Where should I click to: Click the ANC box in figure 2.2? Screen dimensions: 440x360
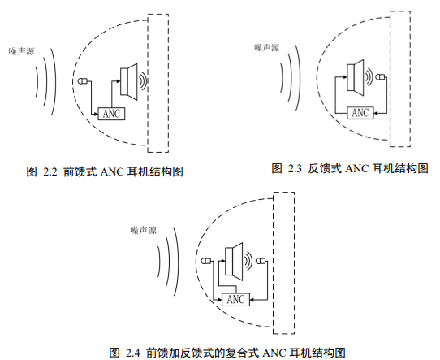coord(111,114)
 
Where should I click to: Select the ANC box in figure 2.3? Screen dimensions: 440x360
coord(360,113)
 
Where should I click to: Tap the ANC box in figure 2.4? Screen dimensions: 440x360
coord(235,299)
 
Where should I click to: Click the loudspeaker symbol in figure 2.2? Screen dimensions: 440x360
coord(129,81)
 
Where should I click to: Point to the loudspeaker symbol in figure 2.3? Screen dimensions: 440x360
coord(356,77)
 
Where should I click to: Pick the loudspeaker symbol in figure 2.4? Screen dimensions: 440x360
coord(234,262)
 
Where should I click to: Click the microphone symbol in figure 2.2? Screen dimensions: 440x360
coord(83,81)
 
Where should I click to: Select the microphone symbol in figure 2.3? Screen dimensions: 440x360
coord(381,76)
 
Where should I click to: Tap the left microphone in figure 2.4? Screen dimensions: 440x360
coord(206,261)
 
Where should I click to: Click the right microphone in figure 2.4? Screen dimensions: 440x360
coord(261,261)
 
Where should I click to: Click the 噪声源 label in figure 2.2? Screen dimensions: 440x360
coord(22,51)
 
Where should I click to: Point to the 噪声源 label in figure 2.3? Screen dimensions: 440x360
coord(267,48)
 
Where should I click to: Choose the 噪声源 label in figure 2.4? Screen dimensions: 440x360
coord(143,230)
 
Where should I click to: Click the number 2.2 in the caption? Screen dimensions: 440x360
coord(50,171)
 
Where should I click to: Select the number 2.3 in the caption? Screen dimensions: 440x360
coord(295,168)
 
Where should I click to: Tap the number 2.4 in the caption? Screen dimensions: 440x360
coord(132,353)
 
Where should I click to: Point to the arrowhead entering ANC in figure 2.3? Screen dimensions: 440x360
coord(376,113)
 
